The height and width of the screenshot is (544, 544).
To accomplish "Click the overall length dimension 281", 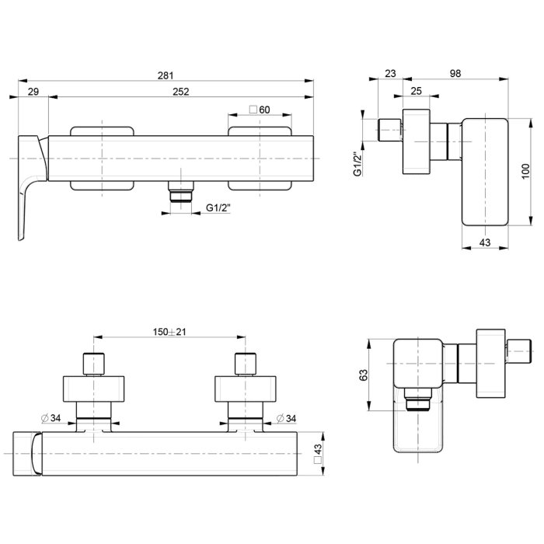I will click(x=165, y=75).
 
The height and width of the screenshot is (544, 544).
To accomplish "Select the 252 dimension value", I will click(x=180, y=92).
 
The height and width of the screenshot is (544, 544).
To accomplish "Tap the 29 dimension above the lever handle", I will click(x=33, y=92).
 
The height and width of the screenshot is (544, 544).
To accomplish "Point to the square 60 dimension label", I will click(x=259, y=110).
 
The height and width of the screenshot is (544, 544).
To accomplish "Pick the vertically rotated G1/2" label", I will click(x=357, y=163).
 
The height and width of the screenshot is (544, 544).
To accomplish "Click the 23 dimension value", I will click(x=389, y=75).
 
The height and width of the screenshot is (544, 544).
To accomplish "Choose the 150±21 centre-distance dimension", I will click(x=169, y=332).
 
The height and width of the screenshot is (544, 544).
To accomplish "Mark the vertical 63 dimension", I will click(x=363, y=375).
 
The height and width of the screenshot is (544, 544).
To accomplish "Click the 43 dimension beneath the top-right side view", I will click(x=483, y=243).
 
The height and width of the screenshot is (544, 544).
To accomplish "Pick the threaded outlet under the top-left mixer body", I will click(x=181, y=194).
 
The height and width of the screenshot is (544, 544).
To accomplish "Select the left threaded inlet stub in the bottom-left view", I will click(x=93, y=364).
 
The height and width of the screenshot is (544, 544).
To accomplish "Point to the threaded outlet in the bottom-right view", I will click(x=419, y=402).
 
